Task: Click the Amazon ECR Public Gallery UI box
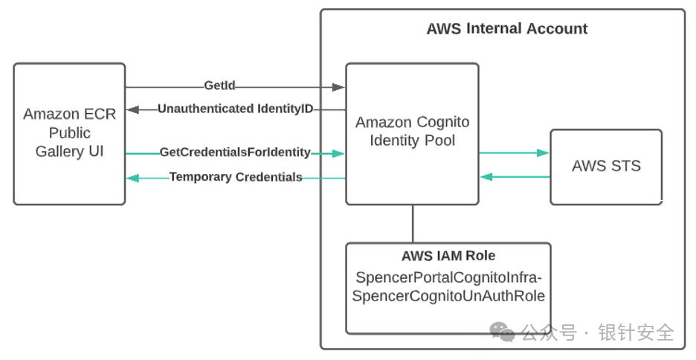tap(68, 134)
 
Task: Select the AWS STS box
tap(605, 166)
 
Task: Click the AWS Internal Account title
tap(506, 29)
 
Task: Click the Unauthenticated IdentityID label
tap(235, 109)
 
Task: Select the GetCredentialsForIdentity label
tap(235, 152)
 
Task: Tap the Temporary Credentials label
tap(235, 177)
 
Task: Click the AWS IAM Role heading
tap(448, 256)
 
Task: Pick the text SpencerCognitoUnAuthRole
tap(448, 295)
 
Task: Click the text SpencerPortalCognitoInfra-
tap(448, 277)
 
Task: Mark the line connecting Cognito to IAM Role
tap(413, 223)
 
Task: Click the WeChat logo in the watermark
tap(505, 331)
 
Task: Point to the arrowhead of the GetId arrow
tap(339, 88)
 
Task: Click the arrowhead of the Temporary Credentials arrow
tap(132, 178)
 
